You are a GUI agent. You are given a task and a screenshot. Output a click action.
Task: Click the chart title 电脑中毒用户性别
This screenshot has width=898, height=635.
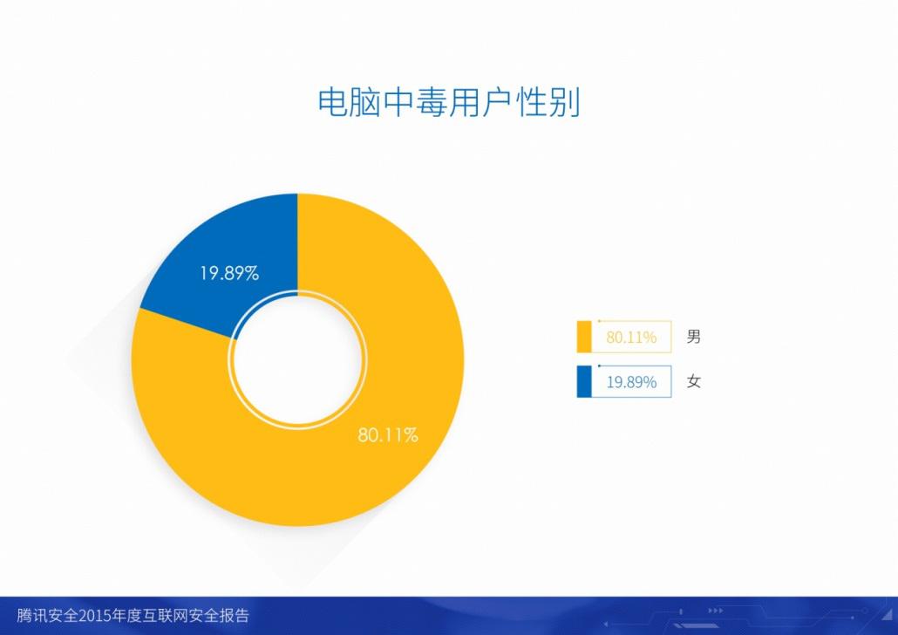449,103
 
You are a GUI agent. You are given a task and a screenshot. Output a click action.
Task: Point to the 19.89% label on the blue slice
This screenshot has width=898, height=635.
229,273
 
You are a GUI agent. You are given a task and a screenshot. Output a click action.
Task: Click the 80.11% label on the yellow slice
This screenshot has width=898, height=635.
388,435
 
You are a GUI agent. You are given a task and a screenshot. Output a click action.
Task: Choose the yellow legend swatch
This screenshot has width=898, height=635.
583,337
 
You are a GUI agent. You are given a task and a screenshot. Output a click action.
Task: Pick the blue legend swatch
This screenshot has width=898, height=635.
583,382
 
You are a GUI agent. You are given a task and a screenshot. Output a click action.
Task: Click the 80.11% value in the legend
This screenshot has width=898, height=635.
631,337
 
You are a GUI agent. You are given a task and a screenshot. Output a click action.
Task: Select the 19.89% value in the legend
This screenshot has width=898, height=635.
631,382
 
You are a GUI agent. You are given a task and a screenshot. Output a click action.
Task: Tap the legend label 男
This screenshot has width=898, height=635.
693,337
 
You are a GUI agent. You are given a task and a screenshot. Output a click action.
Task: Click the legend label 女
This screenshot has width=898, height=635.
693,381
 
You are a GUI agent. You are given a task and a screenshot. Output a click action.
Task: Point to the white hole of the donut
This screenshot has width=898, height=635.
298,360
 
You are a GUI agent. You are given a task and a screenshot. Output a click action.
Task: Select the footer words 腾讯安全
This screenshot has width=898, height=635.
47,616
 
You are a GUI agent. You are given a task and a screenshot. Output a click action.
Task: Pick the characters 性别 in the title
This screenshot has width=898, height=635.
548,103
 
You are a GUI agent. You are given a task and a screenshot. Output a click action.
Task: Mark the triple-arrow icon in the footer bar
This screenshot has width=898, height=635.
715,611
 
